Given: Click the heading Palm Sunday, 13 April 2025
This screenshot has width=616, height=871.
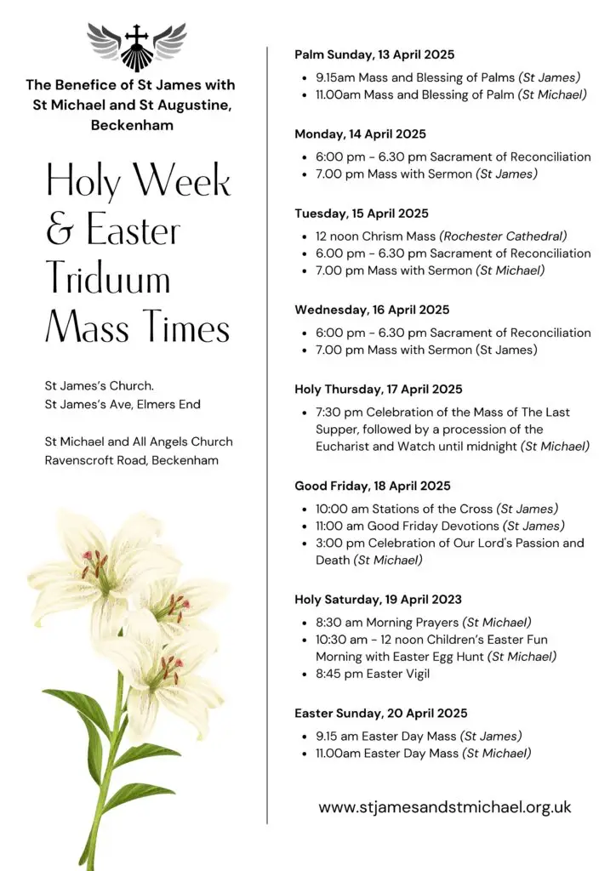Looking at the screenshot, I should point(362,54).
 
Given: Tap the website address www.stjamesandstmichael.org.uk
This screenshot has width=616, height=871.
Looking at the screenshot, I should point(445,807).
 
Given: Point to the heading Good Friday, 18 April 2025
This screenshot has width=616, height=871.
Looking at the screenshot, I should point(373,487).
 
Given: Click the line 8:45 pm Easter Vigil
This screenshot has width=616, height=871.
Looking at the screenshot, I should point(373,675).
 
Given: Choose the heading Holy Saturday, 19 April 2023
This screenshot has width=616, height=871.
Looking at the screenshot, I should point(379,600).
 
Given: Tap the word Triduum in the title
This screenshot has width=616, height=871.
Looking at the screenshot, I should point(108,279).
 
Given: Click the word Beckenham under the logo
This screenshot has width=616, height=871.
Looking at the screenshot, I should point(132,125).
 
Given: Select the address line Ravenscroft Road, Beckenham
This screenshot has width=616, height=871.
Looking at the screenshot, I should point(132,460).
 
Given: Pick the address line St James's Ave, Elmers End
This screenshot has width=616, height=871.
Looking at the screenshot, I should point(123,404).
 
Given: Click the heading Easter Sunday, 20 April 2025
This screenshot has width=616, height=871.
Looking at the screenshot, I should point(381,714).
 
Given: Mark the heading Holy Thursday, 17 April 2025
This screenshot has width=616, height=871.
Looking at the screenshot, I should point(379,390).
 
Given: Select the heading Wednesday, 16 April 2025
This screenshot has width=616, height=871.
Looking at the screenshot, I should point(372,310).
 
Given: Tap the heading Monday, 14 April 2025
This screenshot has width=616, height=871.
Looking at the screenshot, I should point(361,134).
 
